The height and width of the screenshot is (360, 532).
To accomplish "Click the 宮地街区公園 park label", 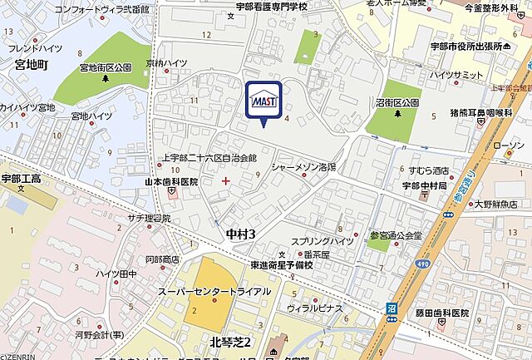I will click(x=106, y=67).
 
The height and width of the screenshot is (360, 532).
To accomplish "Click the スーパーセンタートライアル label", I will click(x=214, y=292).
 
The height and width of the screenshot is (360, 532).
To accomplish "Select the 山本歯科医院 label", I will click(x=172, y=181).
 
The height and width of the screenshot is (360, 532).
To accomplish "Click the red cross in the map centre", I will click(x=226, y=180).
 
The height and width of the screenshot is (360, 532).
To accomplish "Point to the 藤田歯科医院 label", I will click(x=441, y=313).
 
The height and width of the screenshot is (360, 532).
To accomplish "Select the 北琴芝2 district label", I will click(x=219, y=343).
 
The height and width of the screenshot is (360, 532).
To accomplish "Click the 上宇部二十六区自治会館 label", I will click(x=209, y=157).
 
